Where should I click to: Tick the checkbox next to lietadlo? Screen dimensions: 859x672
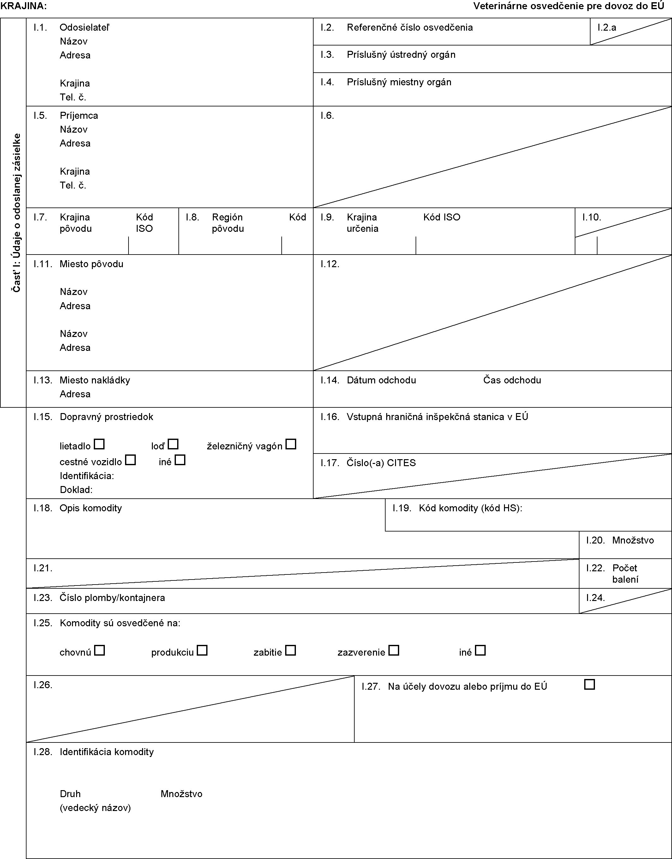99,444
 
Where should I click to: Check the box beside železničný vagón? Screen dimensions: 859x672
291,444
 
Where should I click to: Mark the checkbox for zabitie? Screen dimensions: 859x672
290,650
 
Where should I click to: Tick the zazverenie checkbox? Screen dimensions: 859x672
394,650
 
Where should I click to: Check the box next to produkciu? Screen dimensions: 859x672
202,650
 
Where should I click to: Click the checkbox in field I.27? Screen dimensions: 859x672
589,684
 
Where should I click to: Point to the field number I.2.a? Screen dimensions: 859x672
607,27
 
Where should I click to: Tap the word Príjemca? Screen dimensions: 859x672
79,116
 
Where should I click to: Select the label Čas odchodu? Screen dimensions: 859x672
512,380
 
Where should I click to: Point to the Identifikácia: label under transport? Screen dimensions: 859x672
87,476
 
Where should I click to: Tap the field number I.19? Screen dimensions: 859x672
402,508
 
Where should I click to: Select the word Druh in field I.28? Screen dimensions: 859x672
70,794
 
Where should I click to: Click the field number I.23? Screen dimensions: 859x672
43,598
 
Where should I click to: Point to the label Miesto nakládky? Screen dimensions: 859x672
95,380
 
